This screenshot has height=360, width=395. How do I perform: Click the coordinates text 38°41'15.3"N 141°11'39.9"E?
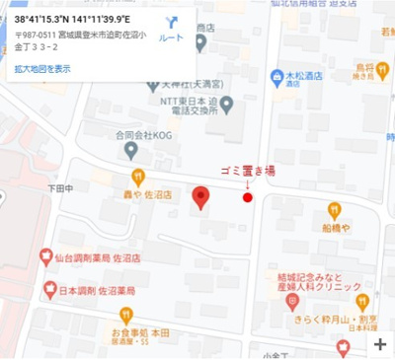coord(79,19)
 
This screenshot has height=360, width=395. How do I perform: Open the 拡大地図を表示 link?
coord(43,69)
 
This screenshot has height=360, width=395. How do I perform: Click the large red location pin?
coord(200,197)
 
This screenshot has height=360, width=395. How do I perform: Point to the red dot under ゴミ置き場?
coord(248,197)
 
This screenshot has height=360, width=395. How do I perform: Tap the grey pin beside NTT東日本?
coord(227,103)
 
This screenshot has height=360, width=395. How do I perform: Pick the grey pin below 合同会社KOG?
coord(131,149)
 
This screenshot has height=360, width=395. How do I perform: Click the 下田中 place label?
coord(60,187)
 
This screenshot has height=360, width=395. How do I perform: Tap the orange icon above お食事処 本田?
coord(124,315)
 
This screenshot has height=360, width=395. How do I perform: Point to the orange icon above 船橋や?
coord(334,208)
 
